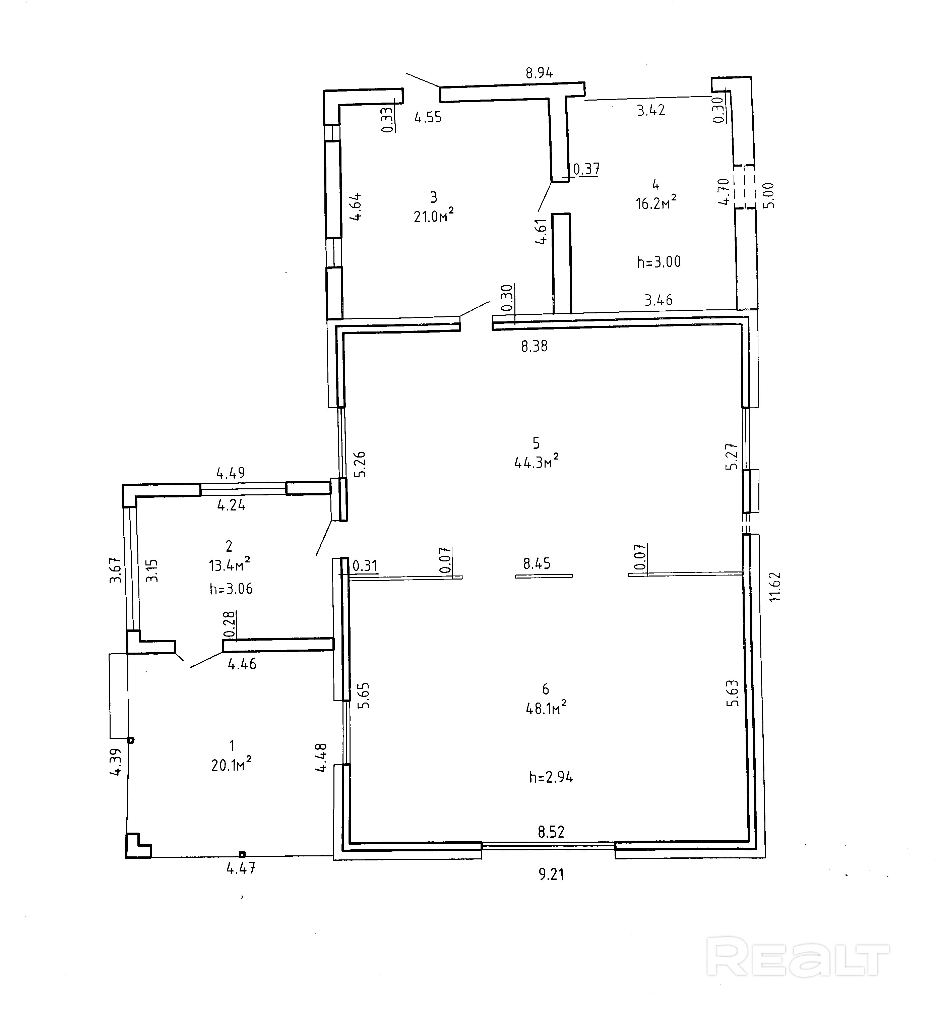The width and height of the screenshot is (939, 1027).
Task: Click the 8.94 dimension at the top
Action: tap(539, 73)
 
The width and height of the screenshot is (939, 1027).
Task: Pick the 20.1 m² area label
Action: tap(231, 765)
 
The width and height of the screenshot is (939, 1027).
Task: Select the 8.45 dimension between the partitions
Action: tap(537, 563)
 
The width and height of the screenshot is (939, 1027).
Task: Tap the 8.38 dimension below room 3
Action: tap(534, 346)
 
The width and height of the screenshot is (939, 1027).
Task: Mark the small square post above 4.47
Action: tap(242, 854)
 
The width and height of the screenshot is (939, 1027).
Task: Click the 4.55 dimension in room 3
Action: tap(428, 118)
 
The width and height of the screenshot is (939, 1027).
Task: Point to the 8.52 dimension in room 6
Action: tap(551, 832)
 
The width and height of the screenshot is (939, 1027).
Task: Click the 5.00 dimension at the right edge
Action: tap(768, 195)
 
